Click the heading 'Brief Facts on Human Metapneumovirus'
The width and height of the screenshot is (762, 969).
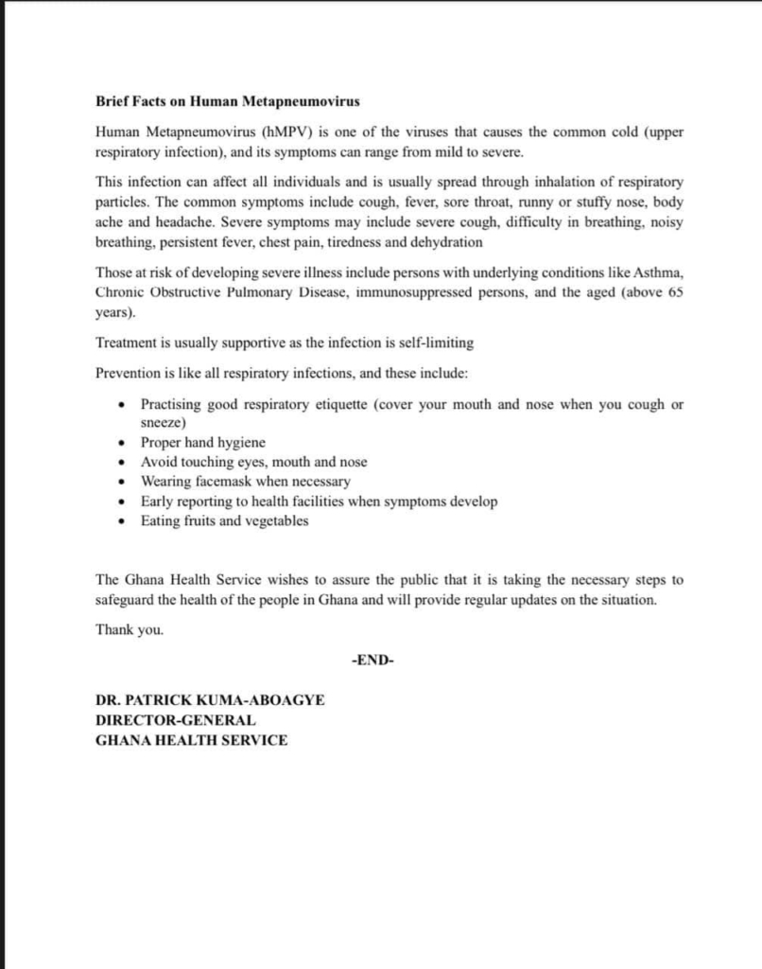point(227,100)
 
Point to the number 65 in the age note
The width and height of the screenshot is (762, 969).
point(674,292)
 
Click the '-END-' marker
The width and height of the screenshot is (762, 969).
point(372,661)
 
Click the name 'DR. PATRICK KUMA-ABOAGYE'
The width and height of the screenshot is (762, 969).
point(210,701)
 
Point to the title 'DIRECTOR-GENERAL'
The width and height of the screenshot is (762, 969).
point(175,720)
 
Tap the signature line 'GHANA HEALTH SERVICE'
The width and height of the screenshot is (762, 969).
point(191,740)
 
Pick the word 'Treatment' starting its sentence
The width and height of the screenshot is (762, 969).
point(127,342)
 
